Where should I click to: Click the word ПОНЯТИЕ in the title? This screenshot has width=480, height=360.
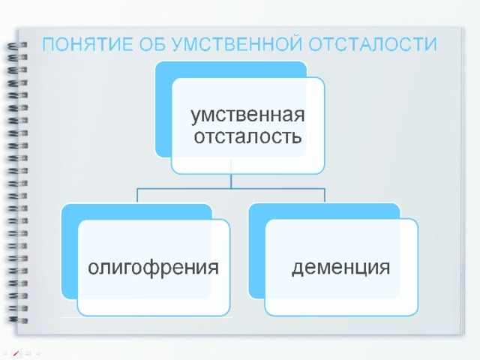[x=88, y=44]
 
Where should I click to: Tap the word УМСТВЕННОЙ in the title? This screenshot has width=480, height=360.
[x=237, y=44]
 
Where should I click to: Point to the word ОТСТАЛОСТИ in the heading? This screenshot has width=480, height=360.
[x=373, y=44]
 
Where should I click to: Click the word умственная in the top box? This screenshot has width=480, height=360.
[x=247, y=115]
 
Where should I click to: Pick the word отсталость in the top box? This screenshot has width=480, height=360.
[x=247, y=136]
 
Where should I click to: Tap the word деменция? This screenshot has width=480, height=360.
[x=340, y=268]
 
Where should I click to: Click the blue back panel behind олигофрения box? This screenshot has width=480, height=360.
[x=70, y=251]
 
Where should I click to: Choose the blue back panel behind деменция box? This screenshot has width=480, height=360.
[x=256, y=251]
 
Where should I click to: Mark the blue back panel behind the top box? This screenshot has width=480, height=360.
[x=163, y=109]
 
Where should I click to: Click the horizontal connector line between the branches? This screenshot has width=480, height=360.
[x=231, y=188]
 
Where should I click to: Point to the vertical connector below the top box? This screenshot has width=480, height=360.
[x=231, y=181]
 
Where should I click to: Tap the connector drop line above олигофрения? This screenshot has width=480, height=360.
[x=137, y=196]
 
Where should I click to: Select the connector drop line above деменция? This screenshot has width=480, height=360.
[x=325, y=196]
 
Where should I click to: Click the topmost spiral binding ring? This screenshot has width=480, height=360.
[x=17, y=45]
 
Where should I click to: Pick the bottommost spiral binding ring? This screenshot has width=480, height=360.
[x=17, y=320]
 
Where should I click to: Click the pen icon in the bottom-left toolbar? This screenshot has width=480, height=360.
[x=16, y=353]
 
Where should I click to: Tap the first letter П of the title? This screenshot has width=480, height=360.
[x=48, y=44]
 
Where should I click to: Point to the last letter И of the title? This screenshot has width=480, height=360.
[x=431, y=44]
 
